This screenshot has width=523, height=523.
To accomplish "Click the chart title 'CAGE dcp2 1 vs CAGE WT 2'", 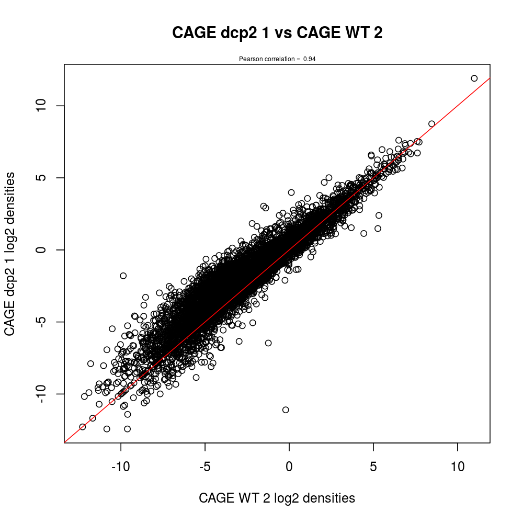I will [277, 33].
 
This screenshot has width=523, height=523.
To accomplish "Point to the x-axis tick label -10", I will [121, 467].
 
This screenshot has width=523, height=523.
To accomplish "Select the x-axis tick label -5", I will [205, 467].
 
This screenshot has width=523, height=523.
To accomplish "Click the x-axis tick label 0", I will [289, 467].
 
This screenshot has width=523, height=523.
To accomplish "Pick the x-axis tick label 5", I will [373, 467].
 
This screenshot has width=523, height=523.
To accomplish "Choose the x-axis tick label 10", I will [458, 467].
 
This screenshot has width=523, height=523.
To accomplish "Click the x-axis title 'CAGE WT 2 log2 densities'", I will [277, 498].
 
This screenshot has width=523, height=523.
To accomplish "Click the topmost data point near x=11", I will [474, 78].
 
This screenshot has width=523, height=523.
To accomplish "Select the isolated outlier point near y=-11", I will [286, 410].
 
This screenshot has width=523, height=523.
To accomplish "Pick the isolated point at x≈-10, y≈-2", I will [123, 276].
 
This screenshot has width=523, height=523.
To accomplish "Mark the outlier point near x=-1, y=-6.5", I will [268, 343].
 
